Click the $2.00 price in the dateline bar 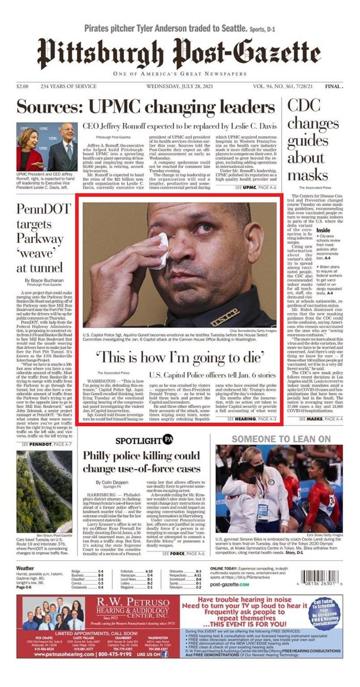pyautogui.click(x=22, y=86)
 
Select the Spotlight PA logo pyautogui.click(x=144, y=440)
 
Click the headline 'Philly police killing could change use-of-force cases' pyautogui.click(x=142, y=462)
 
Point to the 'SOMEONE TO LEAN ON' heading pyautogui.click(x=281, y=439)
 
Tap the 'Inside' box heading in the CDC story pyautogui.click(x=323, y=230)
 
